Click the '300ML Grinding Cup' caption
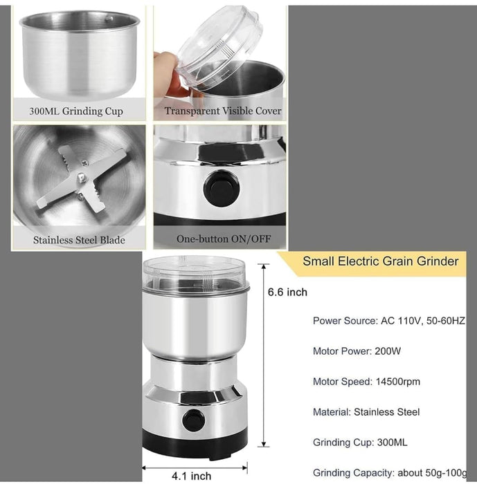(76, 111)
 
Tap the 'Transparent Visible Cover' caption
(223, 111)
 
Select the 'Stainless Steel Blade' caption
(79, 240)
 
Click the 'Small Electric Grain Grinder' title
(380, 261)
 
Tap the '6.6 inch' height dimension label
(287, 292)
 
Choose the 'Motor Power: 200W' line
(357, 351)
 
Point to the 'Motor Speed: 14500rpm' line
(366, 382)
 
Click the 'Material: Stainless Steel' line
(366, 412)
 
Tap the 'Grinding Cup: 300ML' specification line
(361, 443)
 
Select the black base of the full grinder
(195, 443)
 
